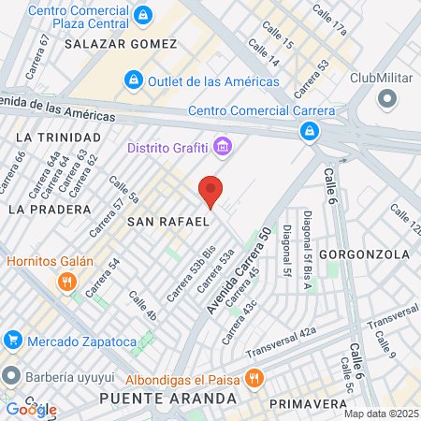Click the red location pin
pos(211,190)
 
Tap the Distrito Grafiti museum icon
pos(222,146)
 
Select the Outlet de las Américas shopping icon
pos(134,80)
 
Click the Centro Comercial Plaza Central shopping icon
pos(142,15)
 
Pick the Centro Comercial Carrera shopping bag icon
pos(308,133)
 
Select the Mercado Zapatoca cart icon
pos(11,339)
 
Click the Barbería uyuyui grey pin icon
pos(11,376)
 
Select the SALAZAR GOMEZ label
pos(121,44)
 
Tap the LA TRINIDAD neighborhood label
pos(50,137)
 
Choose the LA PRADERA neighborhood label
pos(49,209)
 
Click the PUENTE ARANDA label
pos(167,399)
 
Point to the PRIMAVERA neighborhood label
pos(308,403)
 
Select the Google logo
pos(31,409)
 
